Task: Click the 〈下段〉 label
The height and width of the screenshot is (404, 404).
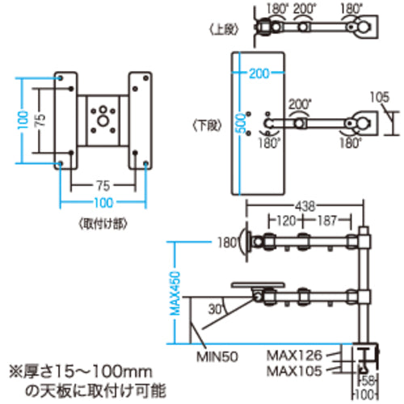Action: (207, 125)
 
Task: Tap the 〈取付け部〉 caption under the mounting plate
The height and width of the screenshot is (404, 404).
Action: (103, 220)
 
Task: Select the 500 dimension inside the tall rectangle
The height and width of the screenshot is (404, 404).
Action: (239, 124)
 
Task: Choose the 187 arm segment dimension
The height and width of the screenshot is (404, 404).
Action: (327, 220)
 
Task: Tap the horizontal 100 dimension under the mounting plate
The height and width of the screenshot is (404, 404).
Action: (103, 202)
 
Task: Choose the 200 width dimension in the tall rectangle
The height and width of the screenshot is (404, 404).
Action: (259, 74)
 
